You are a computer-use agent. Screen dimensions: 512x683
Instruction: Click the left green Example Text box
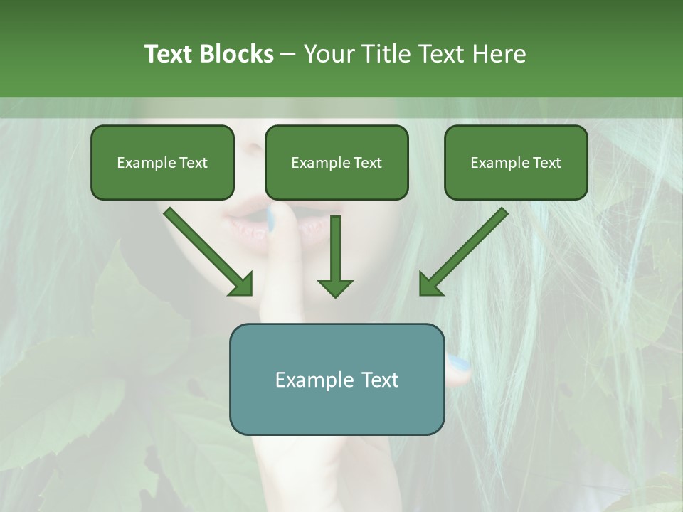click(162, 162)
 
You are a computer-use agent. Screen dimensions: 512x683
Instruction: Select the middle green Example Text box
click(337, 162)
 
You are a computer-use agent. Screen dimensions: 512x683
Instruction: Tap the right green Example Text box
click(516, 162)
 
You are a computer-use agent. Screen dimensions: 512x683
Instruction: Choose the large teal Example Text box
click(337, 379)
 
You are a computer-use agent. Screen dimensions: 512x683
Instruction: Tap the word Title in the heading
click(388, 54)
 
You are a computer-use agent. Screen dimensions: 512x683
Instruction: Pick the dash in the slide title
click(288, 54)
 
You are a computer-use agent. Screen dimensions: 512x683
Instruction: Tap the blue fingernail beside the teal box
click(460, 365)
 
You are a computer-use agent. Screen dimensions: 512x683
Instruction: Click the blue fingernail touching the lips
click(270, 219)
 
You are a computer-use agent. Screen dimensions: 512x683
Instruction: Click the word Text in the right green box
click(546, 162)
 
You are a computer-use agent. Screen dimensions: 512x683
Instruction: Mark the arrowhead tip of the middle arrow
click(335, 296)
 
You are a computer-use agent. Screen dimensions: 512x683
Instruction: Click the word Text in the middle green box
click(367, 162)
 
